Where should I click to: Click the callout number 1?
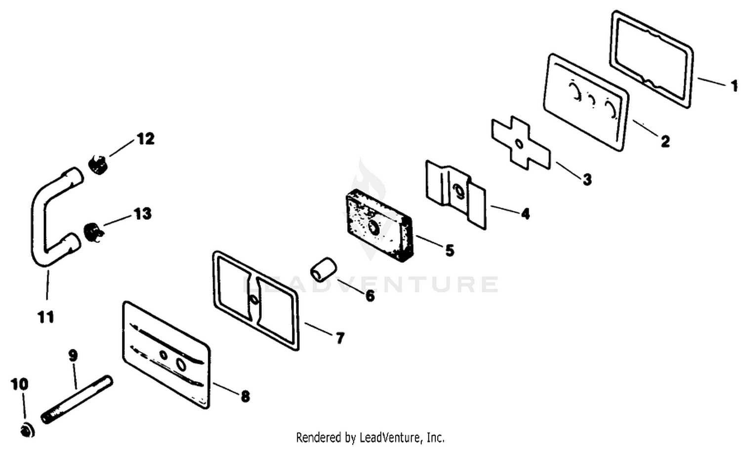734,85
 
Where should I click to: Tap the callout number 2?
665,141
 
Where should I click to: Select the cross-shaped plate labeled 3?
521,143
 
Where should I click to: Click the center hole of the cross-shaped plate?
520,144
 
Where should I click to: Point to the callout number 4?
525,213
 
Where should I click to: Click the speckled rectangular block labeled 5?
379,225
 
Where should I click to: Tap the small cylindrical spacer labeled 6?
323,269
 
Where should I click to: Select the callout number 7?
340,338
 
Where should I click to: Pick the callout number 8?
245,396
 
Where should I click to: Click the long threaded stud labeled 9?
77,400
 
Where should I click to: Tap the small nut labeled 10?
27,430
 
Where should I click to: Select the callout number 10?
19,384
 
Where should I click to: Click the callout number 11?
46,317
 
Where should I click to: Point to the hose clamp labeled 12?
98,164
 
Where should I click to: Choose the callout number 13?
143,214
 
